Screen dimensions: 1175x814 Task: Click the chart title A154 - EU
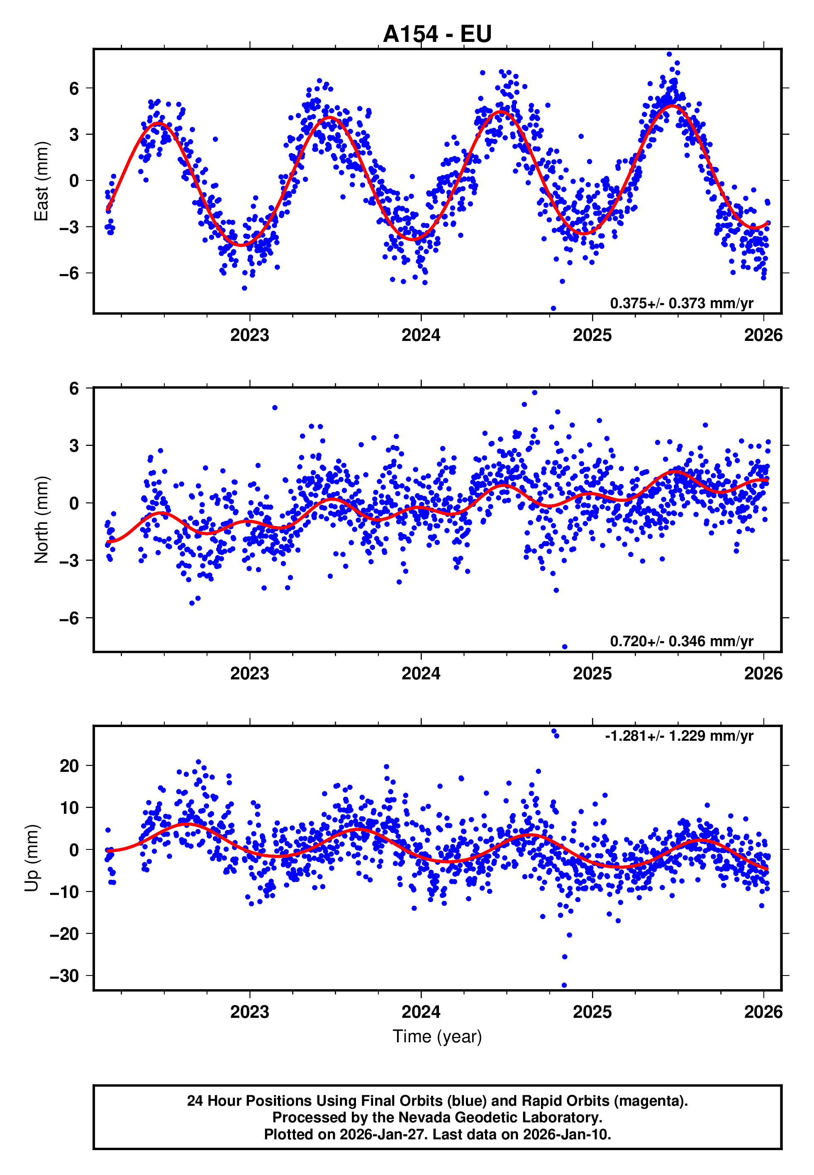437,34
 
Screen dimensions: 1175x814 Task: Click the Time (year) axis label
437,1036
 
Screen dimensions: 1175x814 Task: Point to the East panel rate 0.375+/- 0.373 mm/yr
681,303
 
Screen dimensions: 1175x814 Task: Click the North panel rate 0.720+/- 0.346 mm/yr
681,641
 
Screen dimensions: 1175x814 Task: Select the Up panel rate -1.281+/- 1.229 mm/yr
679,736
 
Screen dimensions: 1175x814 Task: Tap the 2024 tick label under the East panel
421,336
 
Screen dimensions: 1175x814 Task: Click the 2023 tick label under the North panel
249,674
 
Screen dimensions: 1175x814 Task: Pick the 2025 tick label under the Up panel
592,1012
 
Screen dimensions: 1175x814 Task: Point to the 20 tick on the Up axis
69,766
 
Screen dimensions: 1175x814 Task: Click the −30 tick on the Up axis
64,976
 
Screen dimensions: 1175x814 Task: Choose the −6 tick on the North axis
69,618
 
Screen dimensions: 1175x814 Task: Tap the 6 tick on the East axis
74,89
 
